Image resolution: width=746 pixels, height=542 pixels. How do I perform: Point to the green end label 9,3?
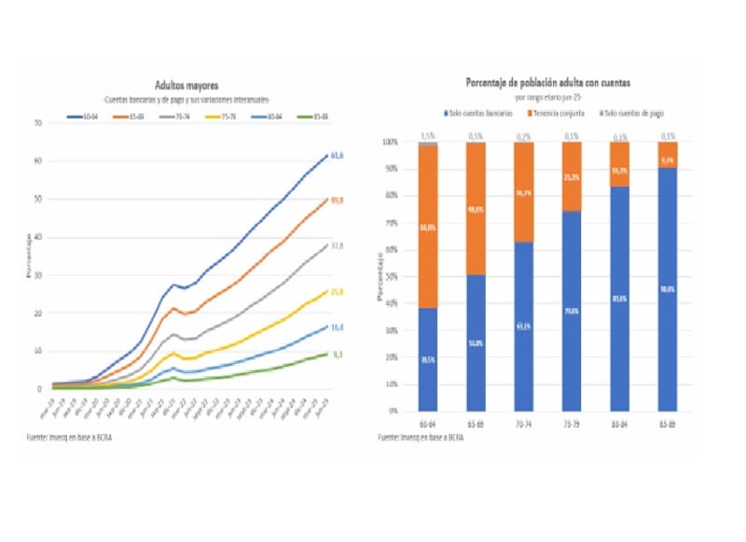[x=338, y=354]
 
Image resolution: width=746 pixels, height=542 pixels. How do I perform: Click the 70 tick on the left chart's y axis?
[x=37, y=123]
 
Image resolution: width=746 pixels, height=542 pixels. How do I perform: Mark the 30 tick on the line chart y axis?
[x=37, y=275]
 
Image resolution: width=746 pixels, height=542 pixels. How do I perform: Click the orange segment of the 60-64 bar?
[x=428, y=227]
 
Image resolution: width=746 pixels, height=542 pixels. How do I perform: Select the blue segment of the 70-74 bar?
[x=524, y=327]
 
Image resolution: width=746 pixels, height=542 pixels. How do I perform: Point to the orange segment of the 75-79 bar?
[x=572, y=176]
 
